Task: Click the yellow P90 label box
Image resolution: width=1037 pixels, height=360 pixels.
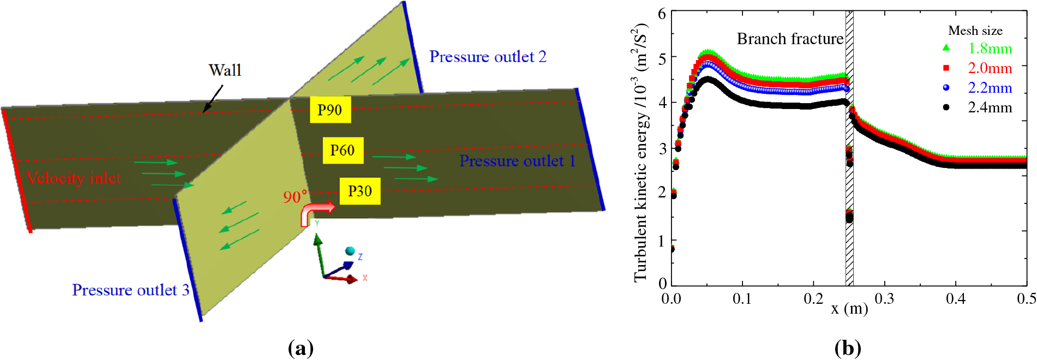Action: pos(330,110)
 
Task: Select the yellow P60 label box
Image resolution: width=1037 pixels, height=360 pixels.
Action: pos(343,150)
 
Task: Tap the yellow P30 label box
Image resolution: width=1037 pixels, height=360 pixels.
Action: pos(359,191)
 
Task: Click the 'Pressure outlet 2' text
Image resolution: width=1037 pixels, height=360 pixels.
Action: pos(488,57)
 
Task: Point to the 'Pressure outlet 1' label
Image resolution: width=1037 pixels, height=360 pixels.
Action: pos(517,161)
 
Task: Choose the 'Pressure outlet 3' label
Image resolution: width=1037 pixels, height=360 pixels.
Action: pos(130,290)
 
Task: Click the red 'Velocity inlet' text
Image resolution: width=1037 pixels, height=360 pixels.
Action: pos(74,178)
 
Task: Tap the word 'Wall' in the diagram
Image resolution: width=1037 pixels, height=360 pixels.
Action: pos(225,70)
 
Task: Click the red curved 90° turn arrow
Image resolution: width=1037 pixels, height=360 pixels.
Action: pos(316,212)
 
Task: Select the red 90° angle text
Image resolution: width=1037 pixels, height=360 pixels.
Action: pos(295,196)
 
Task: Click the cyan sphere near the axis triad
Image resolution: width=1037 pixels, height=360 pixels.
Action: pos(350,251)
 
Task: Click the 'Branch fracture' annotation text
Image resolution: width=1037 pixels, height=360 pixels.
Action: pos(790,39)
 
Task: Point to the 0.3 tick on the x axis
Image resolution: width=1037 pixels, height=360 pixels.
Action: pos(884,299)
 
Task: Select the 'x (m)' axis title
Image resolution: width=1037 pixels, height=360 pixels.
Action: pos(849,309)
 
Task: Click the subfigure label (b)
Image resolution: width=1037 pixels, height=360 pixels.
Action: pos(848,347)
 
